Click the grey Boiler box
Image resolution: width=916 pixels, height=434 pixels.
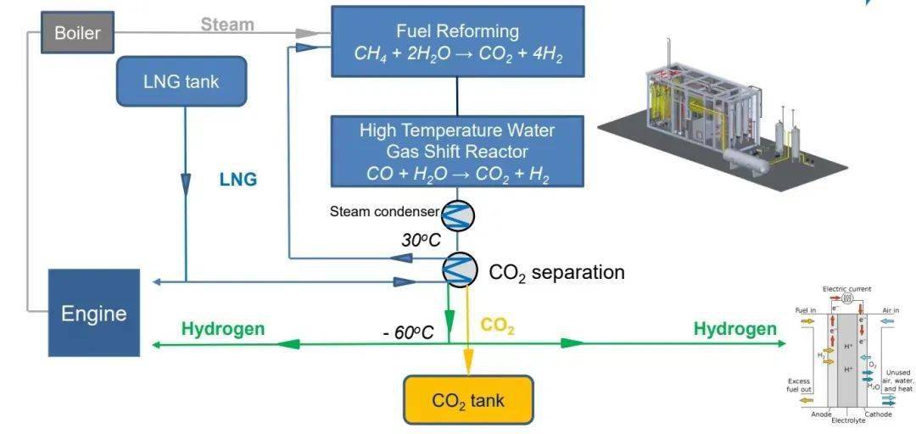(x=77, y=34)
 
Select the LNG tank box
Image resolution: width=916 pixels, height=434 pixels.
(x=181, y=81)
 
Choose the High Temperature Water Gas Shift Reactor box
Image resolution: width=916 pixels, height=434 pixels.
(x=457, y=152)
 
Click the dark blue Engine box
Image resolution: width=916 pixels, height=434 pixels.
(x=93, y=313)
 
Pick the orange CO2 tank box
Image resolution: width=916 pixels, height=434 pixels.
(x=468, y=399)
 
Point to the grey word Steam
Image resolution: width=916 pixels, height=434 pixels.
(x=227, y=25)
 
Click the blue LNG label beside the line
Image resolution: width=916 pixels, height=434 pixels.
(x=237, y=180)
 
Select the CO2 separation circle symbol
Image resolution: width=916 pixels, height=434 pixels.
(x=459, y=270)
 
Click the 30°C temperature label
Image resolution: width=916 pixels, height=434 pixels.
(x=421, y=240)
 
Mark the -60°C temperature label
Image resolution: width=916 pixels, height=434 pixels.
(x=408, y=332)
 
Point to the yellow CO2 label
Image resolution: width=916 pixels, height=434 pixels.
(x=498, y=326)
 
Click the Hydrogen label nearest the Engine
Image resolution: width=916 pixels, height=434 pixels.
(x=222, y=329)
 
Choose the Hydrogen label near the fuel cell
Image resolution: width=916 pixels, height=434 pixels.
(x=734, y=329)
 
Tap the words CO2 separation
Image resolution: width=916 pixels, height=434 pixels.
(x=556, y=273)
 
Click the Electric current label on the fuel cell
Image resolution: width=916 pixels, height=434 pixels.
(x=846, y=289)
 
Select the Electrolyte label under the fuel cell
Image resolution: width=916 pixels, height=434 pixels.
(x=848, y=420)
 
